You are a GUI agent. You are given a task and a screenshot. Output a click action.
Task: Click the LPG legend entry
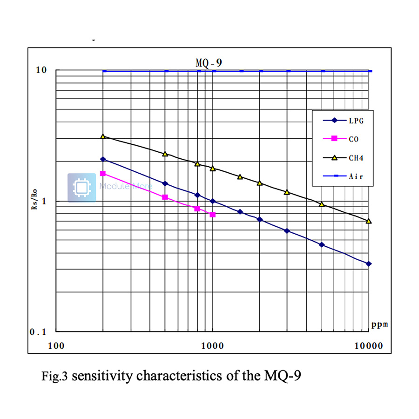(x=355, y=121)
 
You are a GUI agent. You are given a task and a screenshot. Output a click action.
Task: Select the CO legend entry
(x=353, y=139)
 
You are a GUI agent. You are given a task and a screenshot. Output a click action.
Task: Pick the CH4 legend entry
(x=355, y=158)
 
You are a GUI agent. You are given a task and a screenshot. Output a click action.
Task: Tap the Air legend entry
(x=355, y=176)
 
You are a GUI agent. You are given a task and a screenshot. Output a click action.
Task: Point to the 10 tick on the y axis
(x=42, y=70)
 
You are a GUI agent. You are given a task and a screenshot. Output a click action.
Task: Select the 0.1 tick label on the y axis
(x=39, y=332)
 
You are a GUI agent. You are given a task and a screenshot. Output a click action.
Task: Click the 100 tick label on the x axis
(x=56, y=346)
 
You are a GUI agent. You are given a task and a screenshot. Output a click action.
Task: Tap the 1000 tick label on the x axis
(x=213, y=346)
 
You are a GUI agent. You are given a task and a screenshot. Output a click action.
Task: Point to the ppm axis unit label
(x=379, y=324)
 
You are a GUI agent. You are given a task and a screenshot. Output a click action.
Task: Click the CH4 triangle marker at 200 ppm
(x=103, y=136)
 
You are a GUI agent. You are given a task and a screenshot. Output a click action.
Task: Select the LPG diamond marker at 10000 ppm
(x=369, y=264)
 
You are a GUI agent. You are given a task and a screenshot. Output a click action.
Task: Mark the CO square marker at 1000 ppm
(x=213, y=215)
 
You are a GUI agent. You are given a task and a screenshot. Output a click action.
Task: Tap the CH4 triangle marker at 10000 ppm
(x=369, y=221)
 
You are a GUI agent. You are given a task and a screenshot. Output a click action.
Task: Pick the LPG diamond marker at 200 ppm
(x=103, y=159)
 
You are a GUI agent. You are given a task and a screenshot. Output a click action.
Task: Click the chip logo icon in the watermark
(x=81, y=188)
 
